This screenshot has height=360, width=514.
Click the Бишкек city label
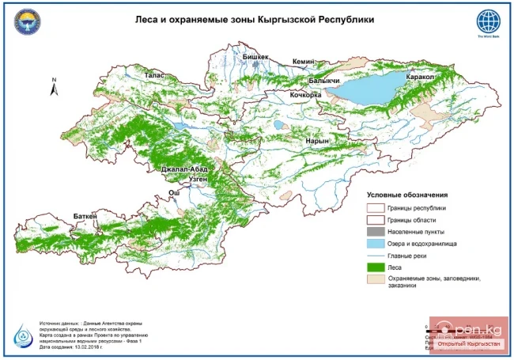click(x=255, y=58)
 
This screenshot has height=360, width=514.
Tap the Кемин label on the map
click(x=304, y=62)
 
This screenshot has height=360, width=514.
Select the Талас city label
click(x=154, y=74)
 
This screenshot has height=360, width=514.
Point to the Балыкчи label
click(x=324, y=81)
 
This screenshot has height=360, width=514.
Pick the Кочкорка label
click(x=306, y=95)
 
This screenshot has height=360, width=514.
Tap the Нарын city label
click(x=316, y=141)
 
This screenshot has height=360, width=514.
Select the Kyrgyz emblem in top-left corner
click(x=26, y=23)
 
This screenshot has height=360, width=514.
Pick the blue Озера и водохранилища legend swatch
click(x=375, y=243)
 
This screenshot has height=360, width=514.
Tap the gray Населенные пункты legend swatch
click(x=375, y=231)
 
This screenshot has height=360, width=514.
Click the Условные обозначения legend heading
click(x=407, y=194)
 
